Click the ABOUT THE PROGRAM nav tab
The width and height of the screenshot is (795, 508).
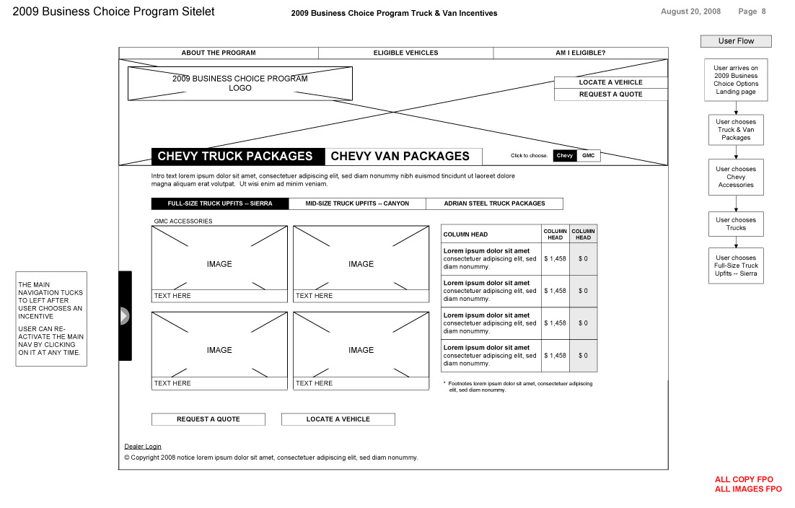219,53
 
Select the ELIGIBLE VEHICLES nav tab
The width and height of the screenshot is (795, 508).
405,53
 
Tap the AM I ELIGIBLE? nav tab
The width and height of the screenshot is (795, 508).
580,53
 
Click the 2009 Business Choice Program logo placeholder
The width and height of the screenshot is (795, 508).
240,83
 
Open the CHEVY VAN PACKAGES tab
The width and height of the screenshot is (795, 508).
400,156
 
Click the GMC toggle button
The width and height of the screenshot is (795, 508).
588,156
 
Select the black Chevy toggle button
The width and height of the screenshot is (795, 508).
565,156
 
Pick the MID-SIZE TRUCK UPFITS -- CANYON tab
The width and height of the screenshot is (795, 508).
357,203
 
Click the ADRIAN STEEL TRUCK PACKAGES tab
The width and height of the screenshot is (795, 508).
494,203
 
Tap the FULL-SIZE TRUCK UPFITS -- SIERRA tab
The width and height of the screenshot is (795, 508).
220,203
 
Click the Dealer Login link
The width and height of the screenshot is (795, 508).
143,447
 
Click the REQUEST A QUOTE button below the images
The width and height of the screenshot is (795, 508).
208,419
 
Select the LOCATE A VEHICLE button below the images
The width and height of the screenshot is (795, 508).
338,419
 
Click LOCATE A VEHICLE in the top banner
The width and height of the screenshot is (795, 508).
610,82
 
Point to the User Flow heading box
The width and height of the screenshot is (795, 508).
736,41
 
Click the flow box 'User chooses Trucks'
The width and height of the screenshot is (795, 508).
736,224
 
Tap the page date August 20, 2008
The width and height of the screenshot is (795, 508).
690,12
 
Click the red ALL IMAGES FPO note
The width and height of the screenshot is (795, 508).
748,489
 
